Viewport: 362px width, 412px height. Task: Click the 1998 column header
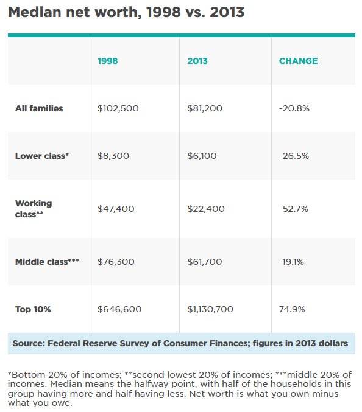(108, 61)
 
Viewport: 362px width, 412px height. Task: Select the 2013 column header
(197, 61)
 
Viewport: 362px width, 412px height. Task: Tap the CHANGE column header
(299, 61)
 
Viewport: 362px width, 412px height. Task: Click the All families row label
(39, 108)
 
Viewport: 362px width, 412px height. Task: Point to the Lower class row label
(42, 156)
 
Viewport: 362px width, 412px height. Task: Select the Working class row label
(34, 209)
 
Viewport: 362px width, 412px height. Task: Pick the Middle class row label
(47, 262)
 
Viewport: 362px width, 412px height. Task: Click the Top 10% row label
(33, 309)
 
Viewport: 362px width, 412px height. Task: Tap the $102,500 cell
(118, 108)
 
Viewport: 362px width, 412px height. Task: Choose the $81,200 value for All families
(205, 108)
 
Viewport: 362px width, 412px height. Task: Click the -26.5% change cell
(294, 156)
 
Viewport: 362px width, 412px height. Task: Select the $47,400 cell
(116, 209)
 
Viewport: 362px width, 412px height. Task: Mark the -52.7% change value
(293, 209)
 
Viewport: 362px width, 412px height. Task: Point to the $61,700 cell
(205, 262)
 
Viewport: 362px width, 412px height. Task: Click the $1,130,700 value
(210, 309)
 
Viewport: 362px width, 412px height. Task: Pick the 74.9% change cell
(292, 309)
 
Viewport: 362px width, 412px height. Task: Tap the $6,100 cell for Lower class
(202, 156)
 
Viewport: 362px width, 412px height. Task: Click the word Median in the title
(35, 12)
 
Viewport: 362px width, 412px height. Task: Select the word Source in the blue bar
(29, 343)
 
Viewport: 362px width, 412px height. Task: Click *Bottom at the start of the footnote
(24, 374)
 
